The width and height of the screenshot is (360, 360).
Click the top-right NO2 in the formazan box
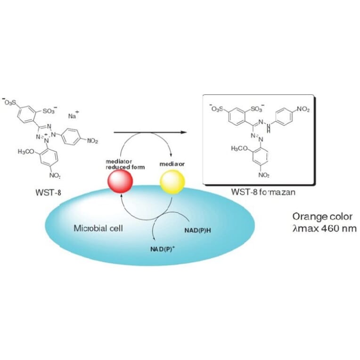(x=302, y=109)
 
